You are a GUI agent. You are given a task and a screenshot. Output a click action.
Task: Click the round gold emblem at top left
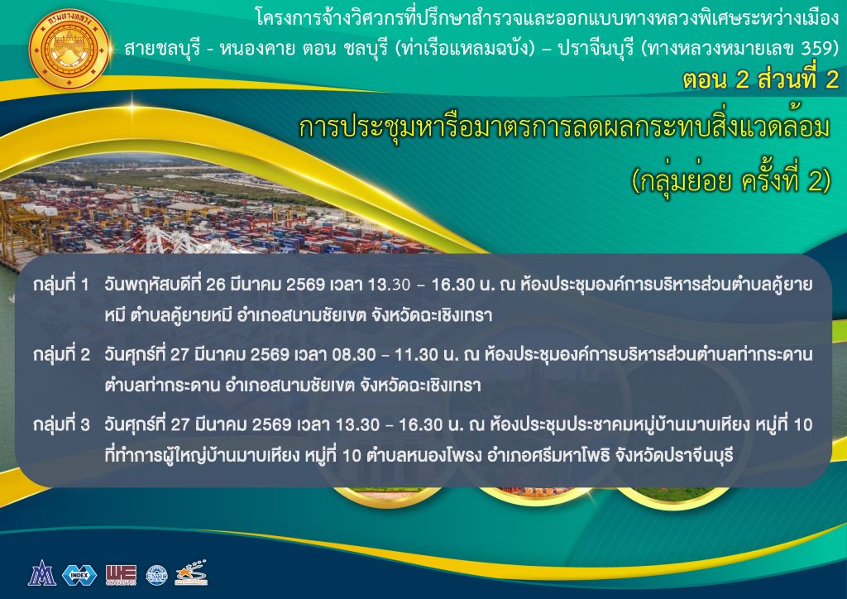70,49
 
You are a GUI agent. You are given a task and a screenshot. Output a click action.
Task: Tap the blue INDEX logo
79,575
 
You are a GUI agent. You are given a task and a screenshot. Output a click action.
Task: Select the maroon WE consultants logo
121,575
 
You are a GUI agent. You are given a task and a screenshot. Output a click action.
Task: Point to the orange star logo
192,573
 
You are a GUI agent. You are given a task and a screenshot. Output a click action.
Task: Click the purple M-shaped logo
42,573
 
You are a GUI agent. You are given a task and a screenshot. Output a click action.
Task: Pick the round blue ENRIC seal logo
157,575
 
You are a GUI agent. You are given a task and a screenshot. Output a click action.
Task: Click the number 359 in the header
815,49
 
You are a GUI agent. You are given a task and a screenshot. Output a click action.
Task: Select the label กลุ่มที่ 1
60,285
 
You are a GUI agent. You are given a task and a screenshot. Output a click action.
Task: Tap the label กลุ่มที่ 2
61,355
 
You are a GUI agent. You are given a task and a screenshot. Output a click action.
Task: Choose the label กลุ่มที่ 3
61,425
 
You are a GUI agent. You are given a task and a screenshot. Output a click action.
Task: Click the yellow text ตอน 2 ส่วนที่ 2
760,80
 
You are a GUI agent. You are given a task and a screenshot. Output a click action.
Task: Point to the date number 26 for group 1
216,285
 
